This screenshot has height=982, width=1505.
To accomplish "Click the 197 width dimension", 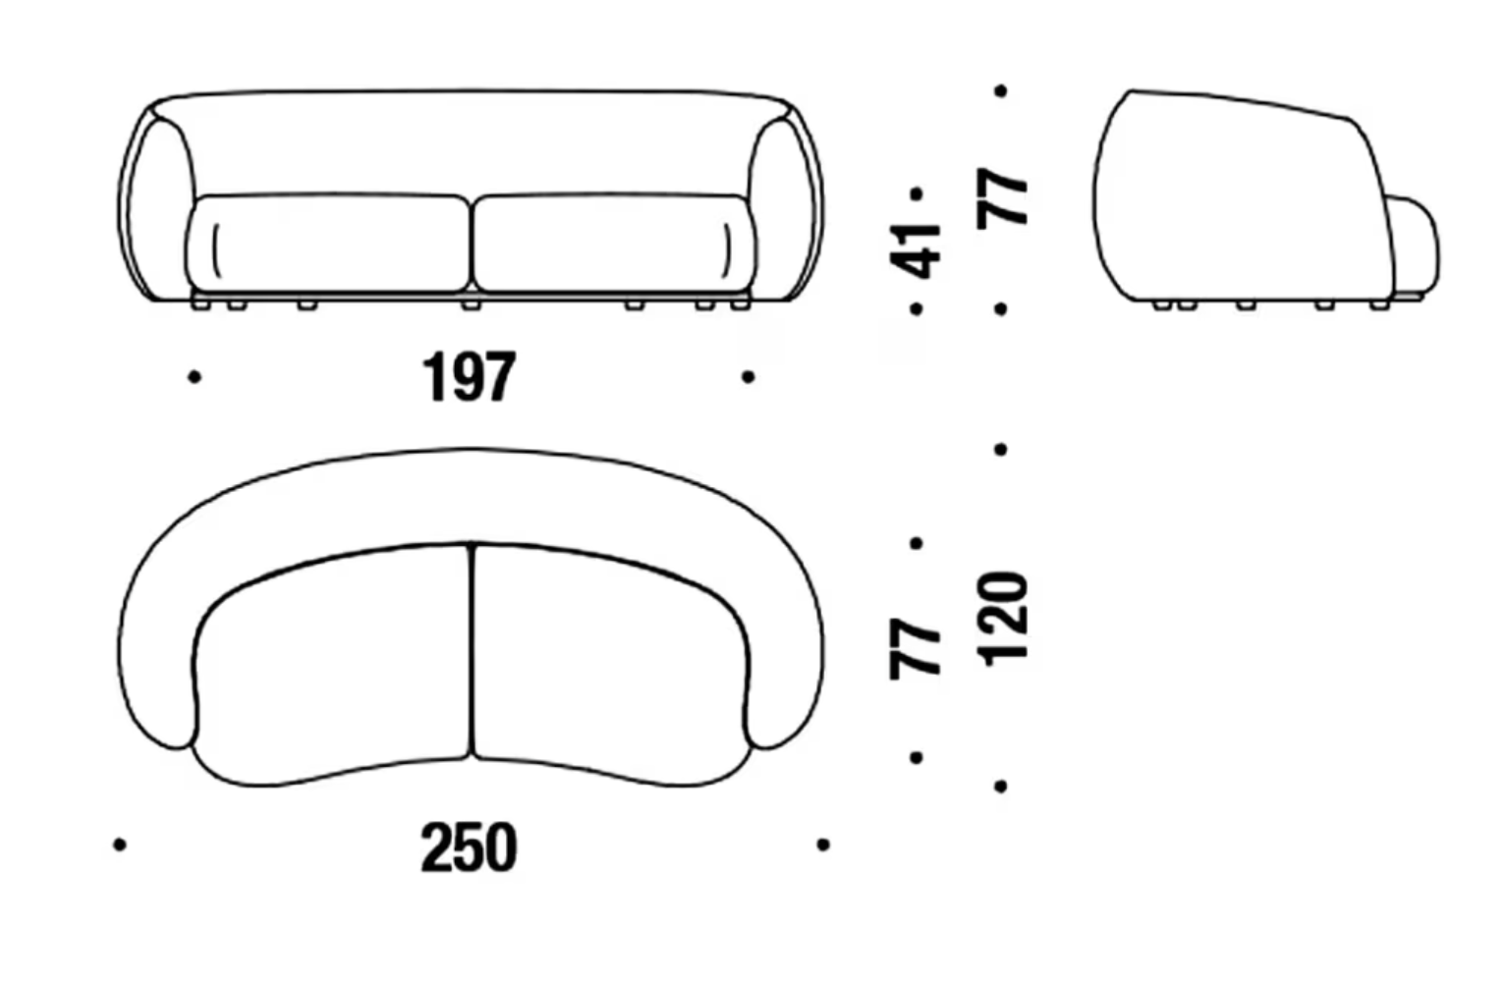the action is point(469,377).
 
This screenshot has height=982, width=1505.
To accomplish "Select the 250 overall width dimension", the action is point(469,847).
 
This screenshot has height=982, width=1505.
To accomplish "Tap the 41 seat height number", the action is point(916,251).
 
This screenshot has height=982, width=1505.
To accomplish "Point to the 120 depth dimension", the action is point(1002,620).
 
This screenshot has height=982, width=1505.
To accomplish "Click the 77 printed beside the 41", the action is point(1002,198).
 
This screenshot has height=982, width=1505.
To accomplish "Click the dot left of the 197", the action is point(195,377).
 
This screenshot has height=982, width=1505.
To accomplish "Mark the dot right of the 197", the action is point(749,377).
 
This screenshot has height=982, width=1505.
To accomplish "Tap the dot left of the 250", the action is point(120,845).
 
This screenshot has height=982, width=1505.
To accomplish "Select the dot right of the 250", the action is point(823,845).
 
